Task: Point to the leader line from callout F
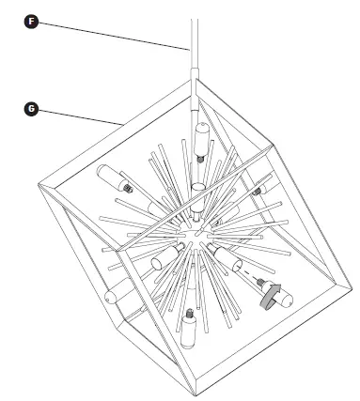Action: pos(113,35)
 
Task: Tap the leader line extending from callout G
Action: pos(75,115)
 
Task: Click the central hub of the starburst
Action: pos(192,231)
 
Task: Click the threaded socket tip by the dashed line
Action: pos(243,279)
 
